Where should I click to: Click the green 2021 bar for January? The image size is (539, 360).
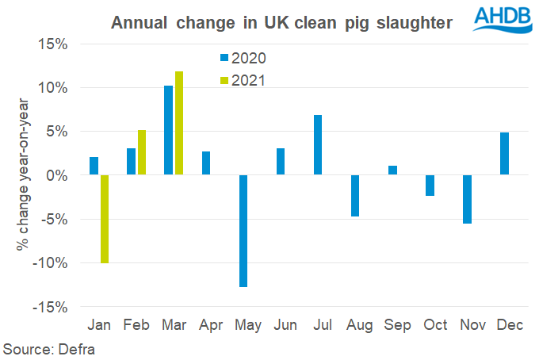click(105, 218)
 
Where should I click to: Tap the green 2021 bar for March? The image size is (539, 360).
click(179, 123)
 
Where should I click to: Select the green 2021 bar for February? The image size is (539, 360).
click(142, 152)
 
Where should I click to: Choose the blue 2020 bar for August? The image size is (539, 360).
click(355, 195)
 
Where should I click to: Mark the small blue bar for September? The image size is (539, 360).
click(392, 170)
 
